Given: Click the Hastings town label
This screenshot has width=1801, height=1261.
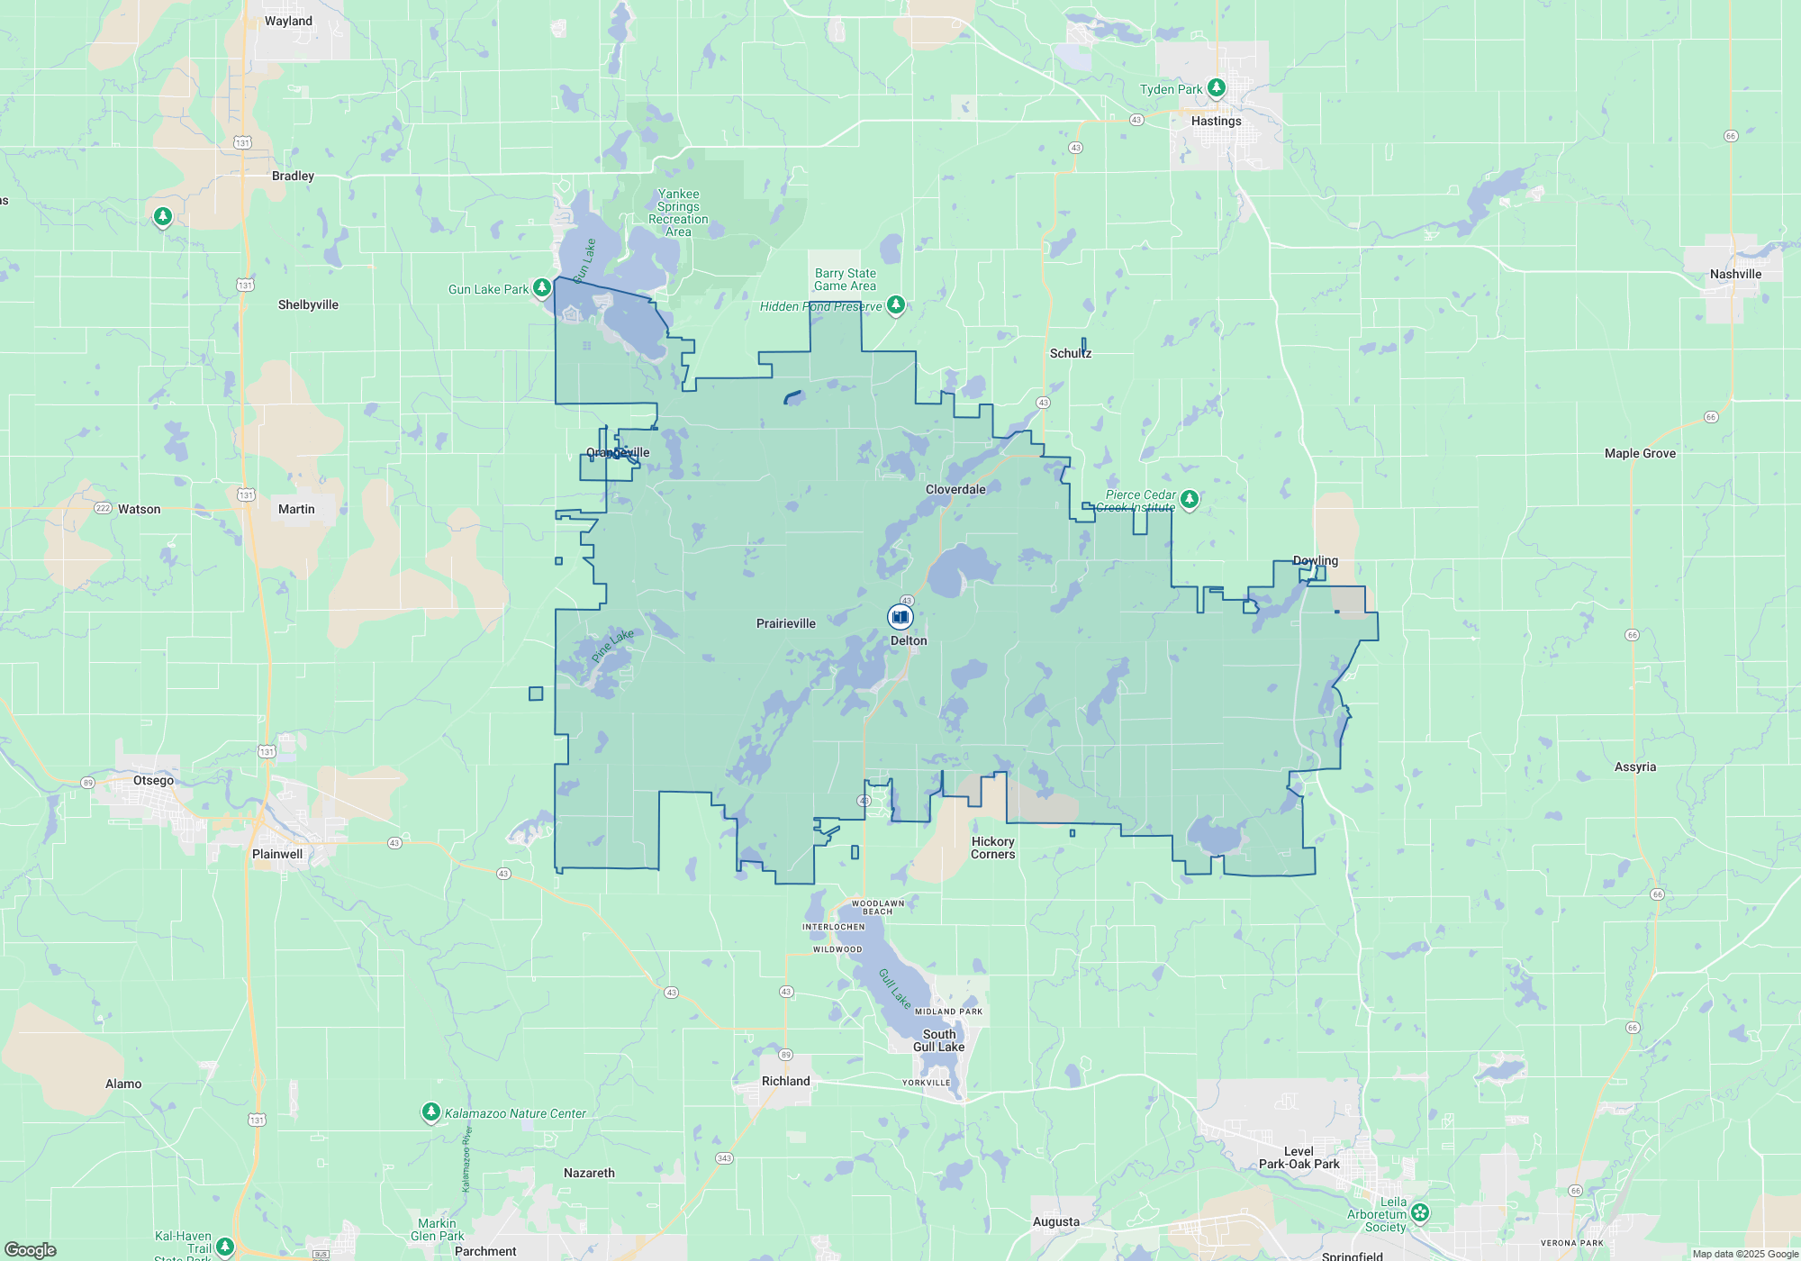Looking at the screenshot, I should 1216,121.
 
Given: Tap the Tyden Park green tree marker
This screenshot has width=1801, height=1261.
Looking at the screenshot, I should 1217,87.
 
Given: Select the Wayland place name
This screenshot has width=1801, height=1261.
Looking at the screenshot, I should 288,21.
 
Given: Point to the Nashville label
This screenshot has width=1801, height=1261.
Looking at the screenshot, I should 1735,274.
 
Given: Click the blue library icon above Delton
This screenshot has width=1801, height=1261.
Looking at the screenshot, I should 900,616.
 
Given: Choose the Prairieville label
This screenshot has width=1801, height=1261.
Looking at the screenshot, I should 785,623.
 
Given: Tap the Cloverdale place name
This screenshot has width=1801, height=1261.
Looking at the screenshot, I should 955,489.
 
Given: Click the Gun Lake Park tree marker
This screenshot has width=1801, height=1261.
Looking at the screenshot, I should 541,287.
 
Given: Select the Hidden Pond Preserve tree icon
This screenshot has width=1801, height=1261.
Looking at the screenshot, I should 895,305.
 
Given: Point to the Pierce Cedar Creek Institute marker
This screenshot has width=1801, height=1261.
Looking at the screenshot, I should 1189,498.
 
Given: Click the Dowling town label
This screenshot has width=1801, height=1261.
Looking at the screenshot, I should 1315,560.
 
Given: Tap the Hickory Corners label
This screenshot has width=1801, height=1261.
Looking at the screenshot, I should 992,848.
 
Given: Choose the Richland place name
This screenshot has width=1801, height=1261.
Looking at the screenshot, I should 785,1081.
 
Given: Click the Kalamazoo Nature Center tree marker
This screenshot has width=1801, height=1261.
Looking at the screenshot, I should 431,1112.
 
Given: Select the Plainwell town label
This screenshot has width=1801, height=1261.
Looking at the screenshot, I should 277,854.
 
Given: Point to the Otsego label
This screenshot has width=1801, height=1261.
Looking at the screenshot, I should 153,780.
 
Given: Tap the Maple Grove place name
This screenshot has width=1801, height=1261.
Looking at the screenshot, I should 1640,453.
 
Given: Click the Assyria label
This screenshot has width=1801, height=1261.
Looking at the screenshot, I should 1634,767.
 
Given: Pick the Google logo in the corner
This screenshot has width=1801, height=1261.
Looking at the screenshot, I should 31,1249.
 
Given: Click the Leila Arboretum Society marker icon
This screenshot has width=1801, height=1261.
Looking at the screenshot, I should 1420,1212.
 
